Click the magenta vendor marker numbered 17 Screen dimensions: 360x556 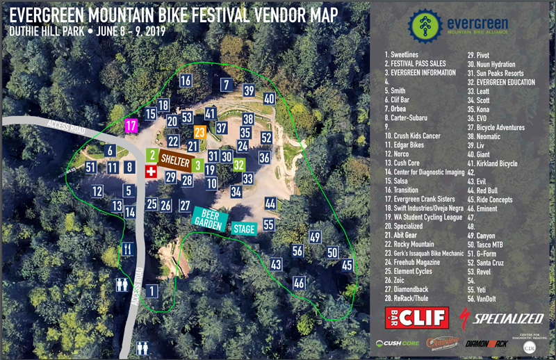click(131, 126)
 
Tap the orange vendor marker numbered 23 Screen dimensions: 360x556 click(200, 131)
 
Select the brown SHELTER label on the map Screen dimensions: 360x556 click(176, 160)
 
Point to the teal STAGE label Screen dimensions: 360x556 click(243, 229)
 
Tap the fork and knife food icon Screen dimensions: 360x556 click(127, 248)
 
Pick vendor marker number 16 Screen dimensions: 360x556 click(186, 81)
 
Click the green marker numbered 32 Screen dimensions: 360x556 click(239, 165)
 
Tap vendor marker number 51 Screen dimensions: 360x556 click(90, 167)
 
